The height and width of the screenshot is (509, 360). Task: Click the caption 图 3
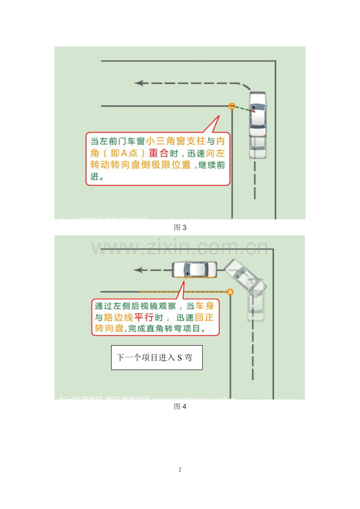point(180,228)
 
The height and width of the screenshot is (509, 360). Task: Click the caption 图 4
point(180,407)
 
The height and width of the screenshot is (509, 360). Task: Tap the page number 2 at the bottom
point(180,470)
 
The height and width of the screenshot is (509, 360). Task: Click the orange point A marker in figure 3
point(232,106)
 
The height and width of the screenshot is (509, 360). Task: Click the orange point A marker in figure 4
point(230,292)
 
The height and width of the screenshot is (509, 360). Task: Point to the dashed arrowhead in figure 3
point(139,83)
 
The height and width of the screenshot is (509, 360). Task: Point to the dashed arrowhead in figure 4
point(137,270)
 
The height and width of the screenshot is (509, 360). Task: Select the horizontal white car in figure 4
point(194,269)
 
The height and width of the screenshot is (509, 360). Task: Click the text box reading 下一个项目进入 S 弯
point(157,357)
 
